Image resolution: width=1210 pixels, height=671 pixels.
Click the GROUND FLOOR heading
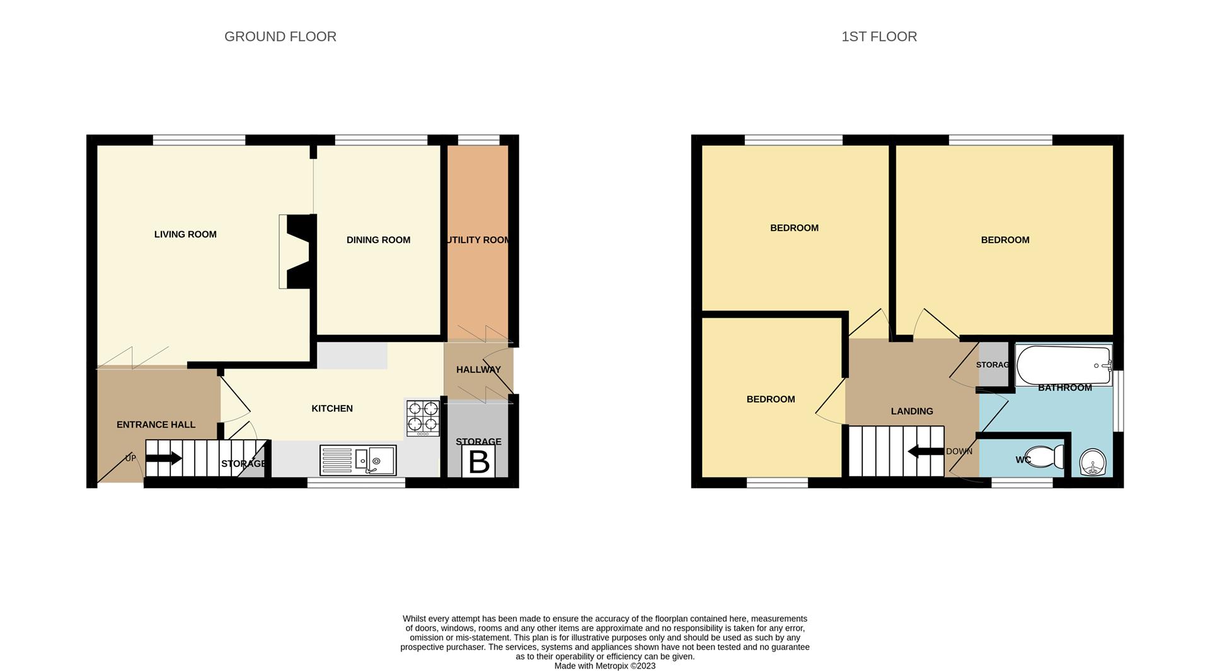(280, 37)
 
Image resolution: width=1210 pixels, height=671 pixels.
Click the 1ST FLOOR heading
(879, 37)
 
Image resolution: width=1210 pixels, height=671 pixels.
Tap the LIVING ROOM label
(185, 234)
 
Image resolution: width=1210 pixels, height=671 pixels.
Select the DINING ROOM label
(378, 240)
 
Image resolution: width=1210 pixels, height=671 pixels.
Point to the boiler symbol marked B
(479, 462)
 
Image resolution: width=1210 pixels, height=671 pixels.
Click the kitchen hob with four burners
(423, 418)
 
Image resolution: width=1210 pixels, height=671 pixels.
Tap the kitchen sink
(358, 460)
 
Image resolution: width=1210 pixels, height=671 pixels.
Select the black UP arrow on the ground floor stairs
(164, 458)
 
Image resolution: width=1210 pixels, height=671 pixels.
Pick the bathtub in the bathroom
(1064, 365)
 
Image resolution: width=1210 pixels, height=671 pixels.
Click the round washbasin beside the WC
(1093, 462)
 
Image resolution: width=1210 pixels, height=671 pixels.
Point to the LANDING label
(912, 411)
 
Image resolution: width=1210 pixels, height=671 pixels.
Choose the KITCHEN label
(332, 409)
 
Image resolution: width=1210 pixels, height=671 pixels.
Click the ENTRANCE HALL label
(156, 425)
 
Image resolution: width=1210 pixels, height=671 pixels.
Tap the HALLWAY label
(478, 370)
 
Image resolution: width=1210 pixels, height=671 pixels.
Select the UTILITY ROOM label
(478, 240)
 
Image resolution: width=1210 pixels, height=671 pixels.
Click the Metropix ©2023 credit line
(605, 666)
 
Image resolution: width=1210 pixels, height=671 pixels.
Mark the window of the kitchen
(356, 483)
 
